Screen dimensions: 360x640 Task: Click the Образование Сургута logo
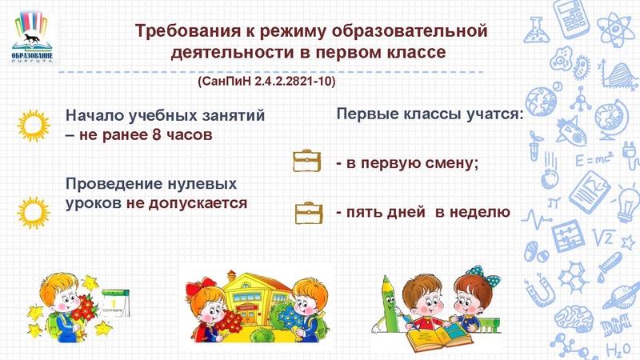34,38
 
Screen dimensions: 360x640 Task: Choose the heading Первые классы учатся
430,115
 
